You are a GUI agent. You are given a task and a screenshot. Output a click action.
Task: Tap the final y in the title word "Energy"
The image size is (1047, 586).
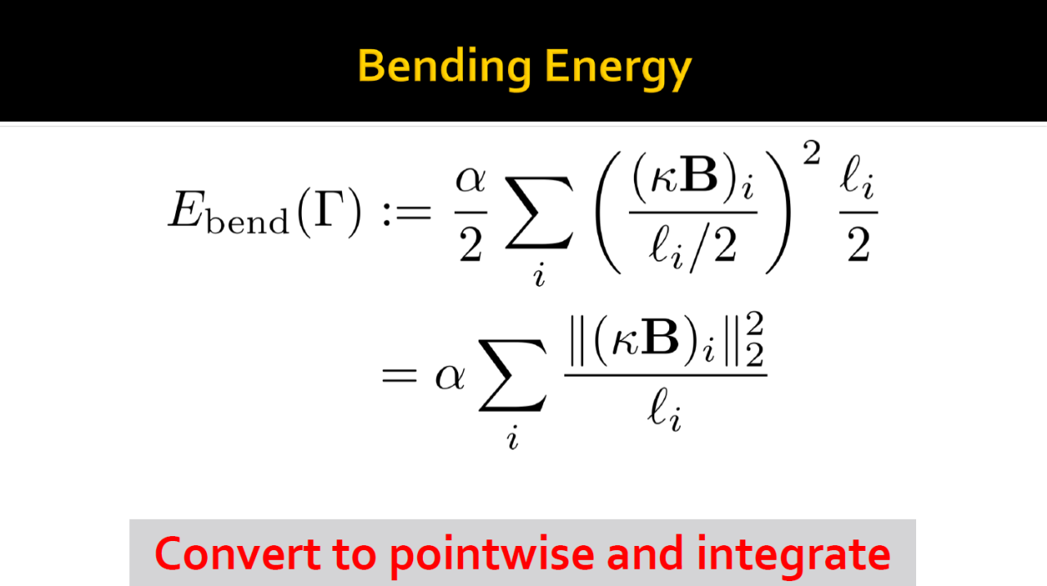pyautogui.click(x=679, y=74)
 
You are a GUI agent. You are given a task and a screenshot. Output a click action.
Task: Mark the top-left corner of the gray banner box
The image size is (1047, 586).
pyautogui.click(x=129, y=519)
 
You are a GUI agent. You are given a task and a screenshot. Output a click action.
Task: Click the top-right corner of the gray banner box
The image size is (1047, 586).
pyautogui.click(x=916, y=519)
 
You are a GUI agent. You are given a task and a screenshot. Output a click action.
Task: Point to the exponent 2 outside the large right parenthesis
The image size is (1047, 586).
pyautogui.click(x=811, y=153)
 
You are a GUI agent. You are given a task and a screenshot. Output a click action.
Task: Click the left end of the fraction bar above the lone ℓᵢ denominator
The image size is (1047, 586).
pyautogui.click(x=564, y=375)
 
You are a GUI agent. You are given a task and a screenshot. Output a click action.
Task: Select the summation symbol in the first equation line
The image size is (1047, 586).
pyautogui.click(x=539, y=212)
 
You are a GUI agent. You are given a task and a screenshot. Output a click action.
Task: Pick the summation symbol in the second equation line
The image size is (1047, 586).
pyautogui.click(x=512, y=375)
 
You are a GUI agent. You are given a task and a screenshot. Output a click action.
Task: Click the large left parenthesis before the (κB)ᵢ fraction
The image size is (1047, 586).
pyautogui.click(x=608, y=212)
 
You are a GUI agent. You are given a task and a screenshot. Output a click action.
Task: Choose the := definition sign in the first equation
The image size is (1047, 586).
pyautogui.click(x=407, y=214)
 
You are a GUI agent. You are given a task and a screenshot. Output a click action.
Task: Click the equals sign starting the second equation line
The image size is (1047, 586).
pyautogui.click(x=399, y=375)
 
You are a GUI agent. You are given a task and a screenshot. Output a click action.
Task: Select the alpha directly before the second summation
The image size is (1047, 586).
pyautogui.click(x=450, y=377)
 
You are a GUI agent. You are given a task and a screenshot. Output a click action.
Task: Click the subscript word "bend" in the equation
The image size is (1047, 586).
pyautogui.click(x=248, y=221)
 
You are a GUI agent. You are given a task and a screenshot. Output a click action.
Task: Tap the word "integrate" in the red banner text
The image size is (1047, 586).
pyautogui.click(x=793, y=556)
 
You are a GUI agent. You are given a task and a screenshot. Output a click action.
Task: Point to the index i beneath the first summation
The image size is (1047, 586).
pyautogui.click(x=539, y=275)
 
